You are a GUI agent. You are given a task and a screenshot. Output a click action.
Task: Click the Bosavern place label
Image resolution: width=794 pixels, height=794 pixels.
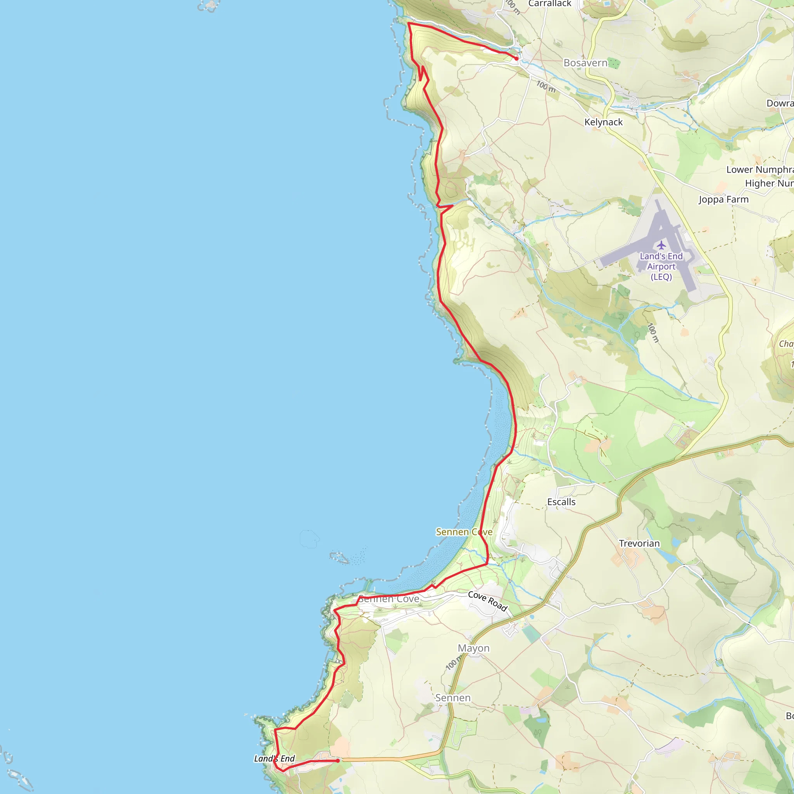[x=585, y=63]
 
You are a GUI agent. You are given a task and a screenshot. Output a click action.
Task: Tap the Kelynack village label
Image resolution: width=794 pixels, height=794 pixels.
[x=603, y=122]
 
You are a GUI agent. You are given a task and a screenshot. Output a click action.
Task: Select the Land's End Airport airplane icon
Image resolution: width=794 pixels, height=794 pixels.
[x=661, y=245]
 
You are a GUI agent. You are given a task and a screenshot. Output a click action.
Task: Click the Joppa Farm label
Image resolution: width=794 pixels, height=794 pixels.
[x=724, y=199]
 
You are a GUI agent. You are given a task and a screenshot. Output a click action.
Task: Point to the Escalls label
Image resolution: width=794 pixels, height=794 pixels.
[x=561, y=502]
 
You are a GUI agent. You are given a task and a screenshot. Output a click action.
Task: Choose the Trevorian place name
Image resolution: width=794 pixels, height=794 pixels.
[x=639, y=543]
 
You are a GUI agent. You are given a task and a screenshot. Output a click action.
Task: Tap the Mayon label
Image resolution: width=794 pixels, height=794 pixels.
[x=473, y=648]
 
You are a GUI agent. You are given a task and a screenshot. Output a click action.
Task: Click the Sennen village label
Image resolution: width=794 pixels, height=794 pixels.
[x=453, y=697]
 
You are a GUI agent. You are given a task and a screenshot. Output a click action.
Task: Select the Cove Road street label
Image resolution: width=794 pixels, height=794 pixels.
[x=488, y=601]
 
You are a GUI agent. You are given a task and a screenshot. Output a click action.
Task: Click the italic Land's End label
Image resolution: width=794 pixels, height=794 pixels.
[x=274, y=758]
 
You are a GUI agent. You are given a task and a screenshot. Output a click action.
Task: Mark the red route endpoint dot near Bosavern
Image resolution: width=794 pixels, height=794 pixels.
[x=516, y=59]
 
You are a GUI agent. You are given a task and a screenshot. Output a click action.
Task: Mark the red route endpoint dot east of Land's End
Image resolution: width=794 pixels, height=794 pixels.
[x=338, y=761]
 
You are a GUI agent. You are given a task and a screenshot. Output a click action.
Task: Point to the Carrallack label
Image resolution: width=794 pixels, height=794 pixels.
[x=549, y=4]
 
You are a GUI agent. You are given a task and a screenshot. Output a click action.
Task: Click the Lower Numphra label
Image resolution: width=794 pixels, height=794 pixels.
[x=759, y=169]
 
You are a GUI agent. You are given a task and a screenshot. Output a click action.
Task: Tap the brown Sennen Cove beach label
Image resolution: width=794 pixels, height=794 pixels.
[x=464, y=532]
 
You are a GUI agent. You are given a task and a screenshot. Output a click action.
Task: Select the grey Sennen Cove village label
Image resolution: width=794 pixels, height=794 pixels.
[x=389, y=599]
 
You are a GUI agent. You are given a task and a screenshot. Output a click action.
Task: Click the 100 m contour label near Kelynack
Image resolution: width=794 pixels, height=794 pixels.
[x=546, y=86]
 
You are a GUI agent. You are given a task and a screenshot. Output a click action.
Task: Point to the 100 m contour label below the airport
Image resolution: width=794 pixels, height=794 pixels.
[x=653, y=333]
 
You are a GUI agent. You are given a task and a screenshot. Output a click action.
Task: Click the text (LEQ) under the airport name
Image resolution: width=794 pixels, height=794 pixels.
[x=661, y=276]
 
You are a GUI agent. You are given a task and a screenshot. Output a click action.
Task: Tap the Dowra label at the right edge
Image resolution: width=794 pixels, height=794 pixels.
[x=780, y=103]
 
